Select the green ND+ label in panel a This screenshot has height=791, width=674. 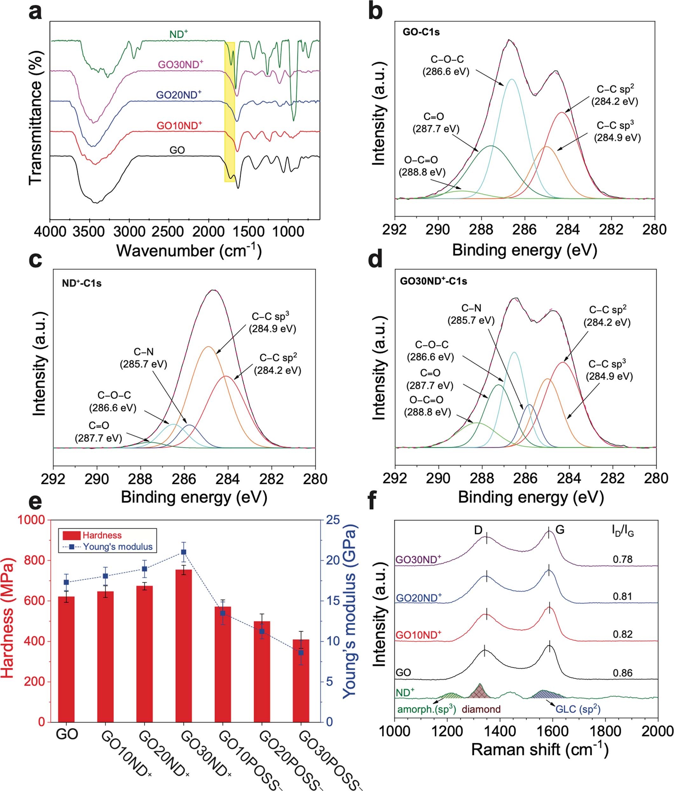point(179,34)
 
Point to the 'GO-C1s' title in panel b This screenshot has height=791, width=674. point(421,32)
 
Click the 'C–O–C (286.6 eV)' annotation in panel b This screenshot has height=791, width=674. point(445,65)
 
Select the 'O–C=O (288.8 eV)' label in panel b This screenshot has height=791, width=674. point(422,166)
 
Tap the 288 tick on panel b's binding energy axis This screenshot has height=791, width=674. point(481,230)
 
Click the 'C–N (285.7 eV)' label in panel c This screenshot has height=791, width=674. point(143,358)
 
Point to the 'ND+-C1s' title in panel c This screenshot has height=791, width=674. point(82,283)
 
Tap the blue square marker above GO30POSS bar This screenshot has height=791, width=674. point(301,652)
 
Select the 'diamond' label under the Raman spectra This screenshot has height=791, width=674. point(481,709)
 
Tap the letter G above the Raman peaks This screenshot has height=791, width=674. point(560,530)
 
